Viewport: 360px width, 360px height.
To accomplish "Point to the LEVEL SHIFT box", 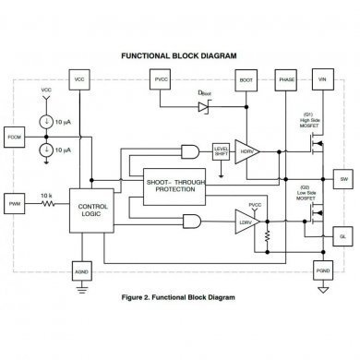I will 221,151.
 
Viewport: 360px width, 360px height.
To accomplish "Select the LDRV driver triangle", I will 246,222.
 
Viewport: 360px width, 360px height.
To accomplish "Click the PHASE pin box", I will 286,80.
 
